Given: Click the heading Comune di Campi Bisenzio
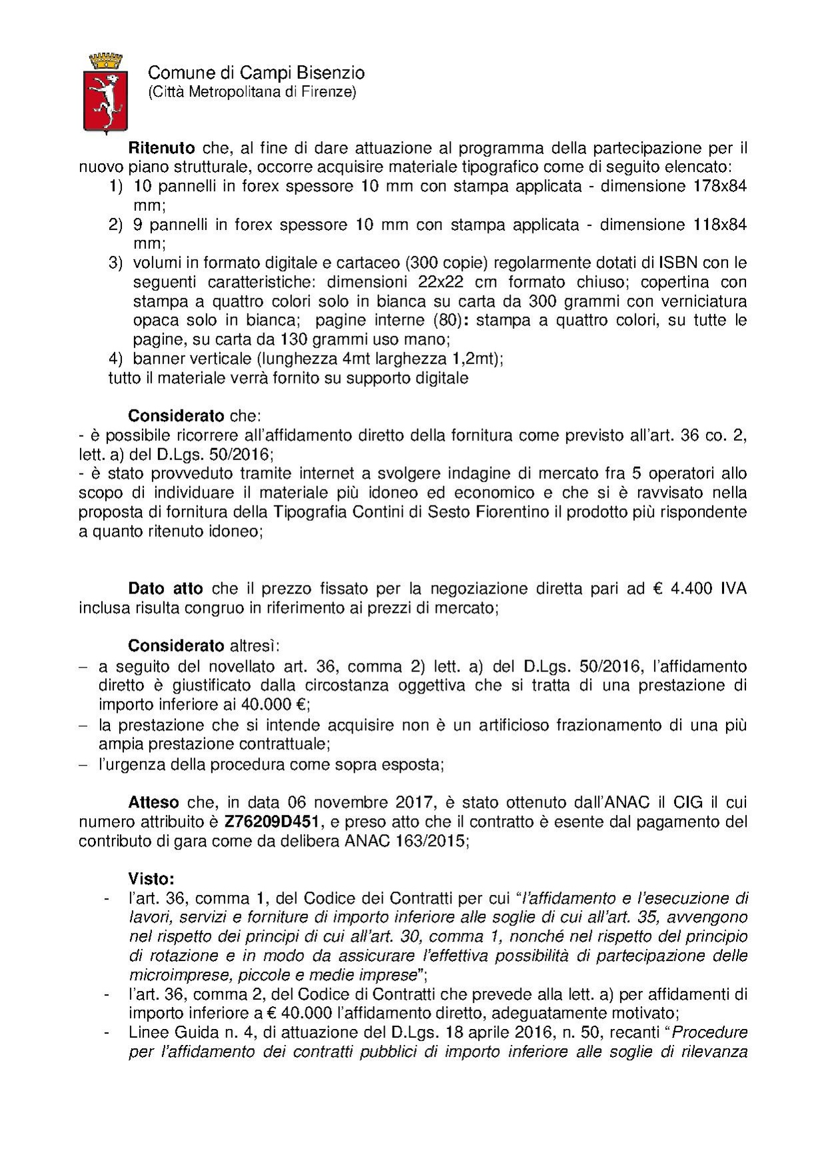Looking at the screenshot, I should [256, 73].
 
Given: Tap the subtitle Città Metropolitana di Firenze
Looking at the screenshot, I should [252, 92].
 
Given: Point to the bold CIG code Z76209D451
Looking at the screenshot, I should [261, 822].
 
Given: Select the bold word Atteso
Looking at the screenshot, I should [153, 802].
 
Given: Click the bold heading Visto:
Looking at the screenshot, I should [151, 879].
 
